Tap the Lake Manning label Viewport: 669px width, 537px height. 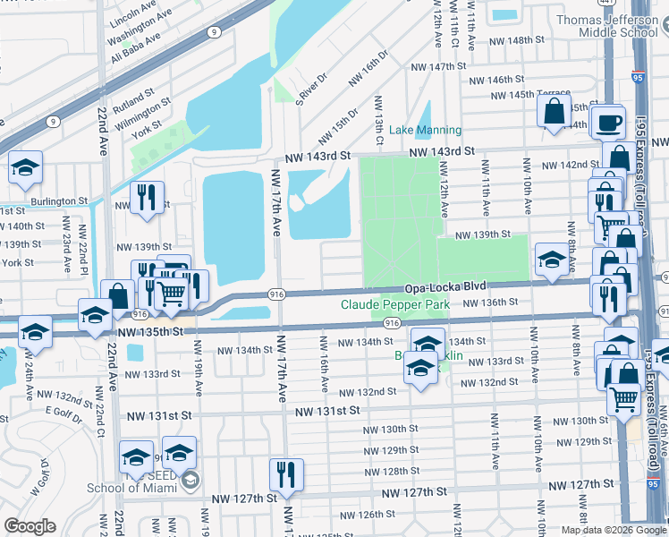pyautogui.click(x=426, y=130)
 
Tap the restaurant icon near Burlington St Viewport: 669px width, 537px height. pyautogui.click(x=145, y=198)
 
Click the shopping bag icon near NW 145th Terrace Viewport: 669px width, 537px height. pyautogui.click(x=554, y=113)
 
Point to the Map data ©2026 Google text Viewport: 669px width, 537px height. pyautogui.click(x=614, y=530)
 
